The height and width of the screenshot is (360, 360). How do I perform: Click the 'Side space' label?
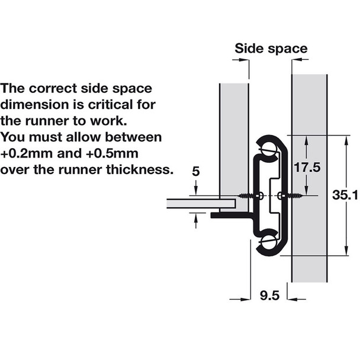271,49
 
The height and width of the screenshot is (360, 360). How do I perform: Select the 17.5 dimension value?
307,168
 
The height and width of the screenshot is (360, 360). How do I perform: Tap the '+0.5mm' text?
112,153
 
